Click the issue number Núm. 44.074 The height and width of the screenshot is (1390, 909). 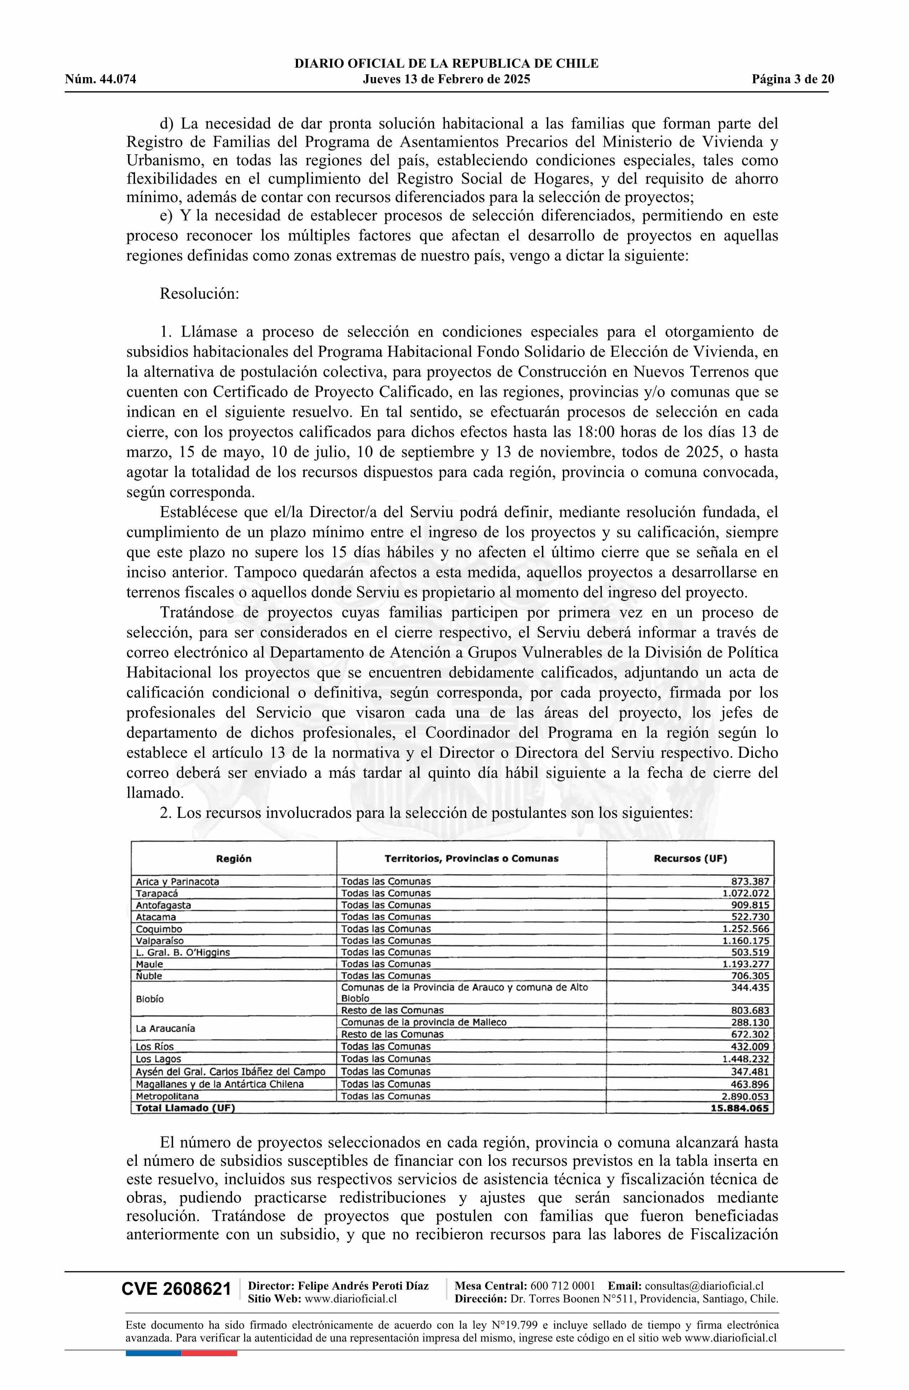coord(101,80)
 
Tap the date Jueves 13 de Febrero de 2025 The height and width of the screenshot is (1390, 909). coord(446,80)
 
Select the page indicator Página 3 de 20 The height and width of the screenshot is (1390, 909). coord(793,80)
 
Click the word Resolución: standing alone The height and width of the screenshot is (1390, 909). coord(200,293)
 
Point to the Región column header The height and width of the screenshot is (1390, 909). coord(234,859)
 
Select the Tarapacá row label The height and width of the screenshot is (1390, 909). coord(157,894)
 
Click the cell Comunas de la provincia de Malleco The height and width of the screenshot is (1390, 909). coord(423,1022)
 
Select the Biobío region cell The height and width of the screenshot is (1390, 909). coord(150,999)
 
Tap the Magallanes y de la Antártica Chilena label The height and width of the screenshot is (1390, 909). coord(220,1084)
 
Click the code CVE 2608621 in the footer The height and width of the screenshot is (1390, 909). coord(176,1289)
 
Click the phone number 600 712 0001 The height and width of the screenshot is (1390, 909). coord(563,1286)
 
